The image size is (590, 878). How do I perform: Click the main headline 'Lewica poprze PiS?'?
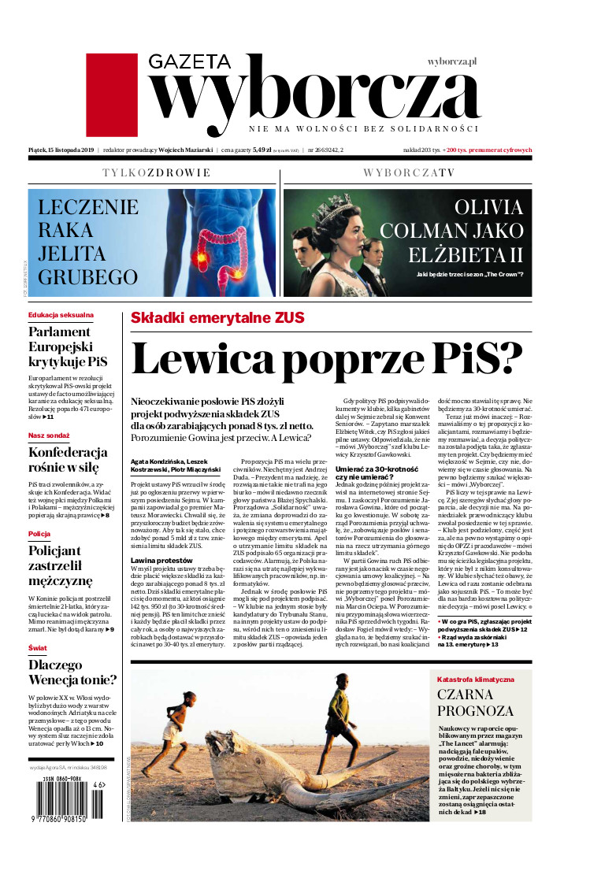(327, 358)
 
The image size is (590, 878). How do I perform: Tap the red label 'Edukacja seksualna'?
(61, 315)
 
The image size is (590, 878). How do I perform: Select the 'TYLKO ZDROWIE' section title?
(157, 172)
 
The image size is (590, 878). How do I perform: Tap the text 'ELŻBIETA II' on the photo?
(465, 255)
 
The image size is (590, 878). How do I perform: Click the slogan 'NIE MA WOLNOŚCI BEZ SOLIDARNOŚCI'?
(363, 128)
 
